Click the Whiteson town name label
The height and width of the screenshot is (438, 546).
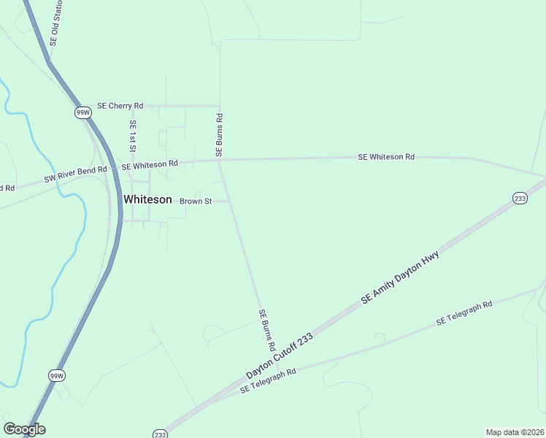click(x=147, y=199)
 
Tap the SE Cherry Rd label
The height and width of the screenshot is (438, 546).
click(x=120, y=106)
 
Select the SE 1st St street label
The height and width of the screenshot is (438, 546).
click(x=132, y=137)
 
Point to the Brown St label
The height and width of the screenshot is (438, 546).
click(x=195, y=201)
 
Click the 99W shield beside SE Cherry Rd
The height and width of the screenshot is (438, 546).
click(x=83, y=112)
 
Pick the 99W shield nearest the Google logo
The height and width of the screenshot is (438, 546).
click(x=57, y=375)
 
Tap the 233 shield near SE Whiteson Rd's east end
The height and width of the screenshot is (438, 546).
click(x=520, y=199)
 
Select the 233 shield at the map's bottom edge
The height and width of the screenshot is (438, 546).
click(x=161, y=434)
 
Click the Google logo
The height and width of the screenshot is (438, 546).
click(x=24, y=429)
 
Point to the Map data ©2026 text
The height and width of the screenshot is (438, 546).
click(x=515, y=431)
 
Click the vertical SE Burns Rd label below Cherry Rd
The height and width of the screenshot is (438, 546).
click(x=218, y=135)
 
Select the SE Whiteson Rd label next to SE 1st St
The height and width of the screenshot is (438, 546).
click(x=150, y=166)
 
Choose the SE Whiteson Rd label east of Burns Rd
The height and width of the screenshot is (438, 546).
click(x=386, y=157)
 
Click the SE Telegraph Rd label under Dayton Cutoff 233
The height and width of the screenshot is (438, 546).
click(x=268, y=381)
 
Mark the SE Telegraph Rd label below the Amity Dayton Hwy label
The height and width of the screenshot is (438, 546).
click(x=464, y=313)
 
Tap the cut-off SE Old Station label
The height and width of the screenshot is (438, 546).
click(x=55, y=23)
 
